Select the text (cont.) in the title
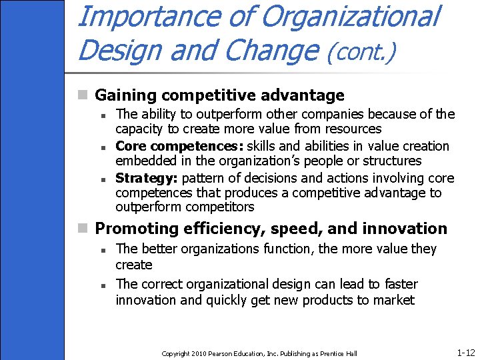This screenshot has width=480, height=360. [x=361, y=51]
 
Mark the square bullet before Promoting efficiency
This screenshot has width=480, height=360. [x=83, y=229]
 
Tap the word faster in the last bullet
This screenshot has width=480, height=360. [x=399, y=284]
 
